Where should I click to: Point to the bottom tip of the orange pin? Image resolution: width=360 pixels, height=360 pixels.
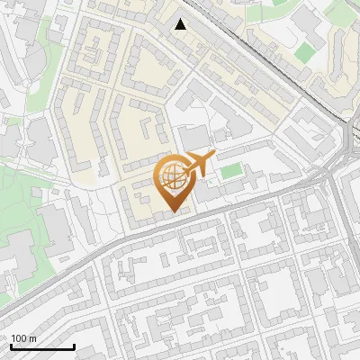[x=175, y=212]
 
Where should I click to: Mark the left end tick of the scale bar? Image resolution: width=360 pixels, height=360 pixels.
[x=11, y=345]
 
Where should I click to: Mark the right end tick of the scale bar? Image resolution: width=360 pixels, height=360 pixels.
[x=74, y=345]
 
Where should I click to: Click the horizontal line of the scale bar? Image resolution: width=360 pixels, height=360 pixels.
[x=42, y=346]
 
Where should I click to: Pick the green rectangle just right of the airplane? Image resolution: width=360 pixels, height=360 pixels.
[x=231, y=170]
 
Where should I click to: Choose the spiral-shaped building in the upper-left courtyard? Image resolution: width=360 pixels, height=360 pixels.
[x=91, y=53]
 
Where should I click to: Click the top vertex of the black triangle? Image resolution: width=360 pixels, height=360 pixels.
[x=181, y=19]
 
